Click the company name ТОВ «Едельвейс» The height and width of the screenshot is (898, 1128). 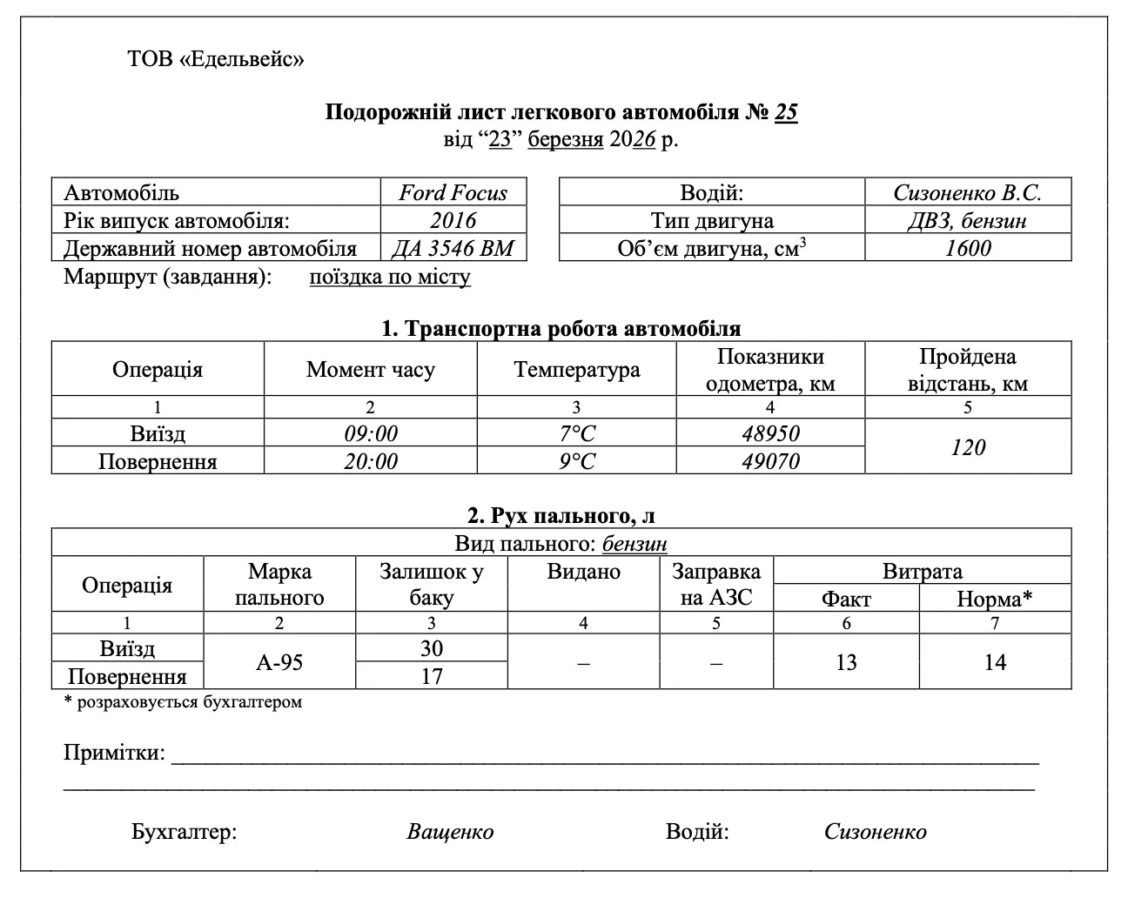(216, 59)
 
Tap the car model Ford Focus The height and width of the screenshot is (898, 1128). (453, 192)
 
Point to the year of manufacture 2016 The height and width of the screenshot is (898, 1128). (453, 220)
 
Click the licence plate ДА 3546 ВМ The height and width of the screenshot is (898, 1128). (453, 248)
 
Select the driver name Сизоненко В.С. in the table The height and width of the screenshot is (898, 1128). (967, 192)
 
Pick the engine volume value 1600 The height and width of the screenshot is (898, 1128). (967, 248)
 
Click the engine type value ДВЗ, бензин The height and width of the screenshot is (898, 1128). (967, 220)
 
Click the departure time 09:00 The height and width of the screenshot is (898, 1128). (370, 433)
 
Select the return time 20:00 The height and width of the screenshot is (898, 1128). (370, 460)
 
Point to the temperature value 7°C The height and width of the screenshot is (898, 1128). (576, 433)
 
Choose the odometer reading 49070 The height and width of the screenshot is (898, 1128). (770, 460)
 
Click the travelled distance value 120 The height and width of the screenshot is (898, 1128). (967, 447)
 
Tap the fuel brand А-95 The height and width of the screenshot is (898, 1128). (279, 662)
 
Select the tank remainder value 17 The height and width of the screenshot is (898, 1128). (431, 676)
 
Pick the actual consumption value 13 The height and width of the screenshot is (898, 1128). (846, 662)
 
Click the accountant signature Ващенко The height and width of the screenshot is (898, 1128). (450, 832)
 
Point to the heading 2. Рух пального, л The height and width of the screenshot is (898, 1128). (561, 515)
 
